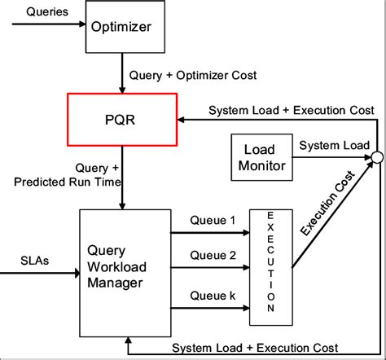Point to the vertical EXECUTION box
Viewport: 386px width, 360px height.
[272, 263]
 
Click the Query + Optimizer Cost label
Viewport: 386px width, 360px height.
[193, 76]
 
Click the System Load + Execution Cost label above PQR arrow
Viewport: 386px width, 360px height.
[291, 109]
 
